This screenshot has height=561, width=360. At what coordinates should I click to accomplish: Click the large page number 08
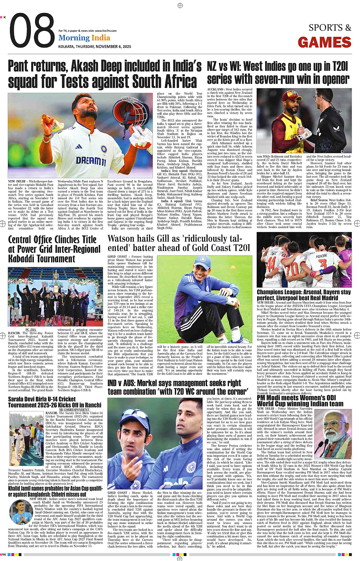point(32,32)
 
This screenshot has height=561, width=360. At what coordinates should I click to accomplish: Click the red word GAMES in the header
point(325,43)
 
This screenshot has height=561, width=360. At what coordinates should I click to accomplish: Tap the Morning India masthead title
point(84,38)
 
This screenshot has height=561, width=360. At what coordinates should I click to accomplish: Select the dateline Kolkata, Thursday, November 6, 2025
point(94,46)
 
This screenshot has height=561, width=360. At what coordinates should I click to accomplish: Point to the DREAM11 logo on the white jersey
point(91,160)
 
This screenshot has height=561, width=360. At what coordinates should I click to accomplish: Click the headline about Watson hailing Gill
point(179,243)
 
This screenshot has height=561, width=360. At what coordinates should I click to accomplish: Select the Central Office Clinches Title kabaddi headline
point(54,249)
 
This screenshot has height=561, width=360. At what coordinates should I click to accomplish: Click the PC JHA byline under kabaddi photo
point(31,329)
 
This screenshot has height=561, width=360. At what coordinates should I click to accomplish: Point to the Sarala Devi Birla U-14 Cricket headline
point(55,402)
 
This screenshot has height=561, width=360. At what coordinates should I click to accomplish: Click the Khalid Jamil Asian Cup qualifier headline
point(55,491)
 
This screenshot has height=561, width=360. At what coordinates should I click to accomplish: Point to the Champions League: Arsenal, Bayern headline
point(304,295)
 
